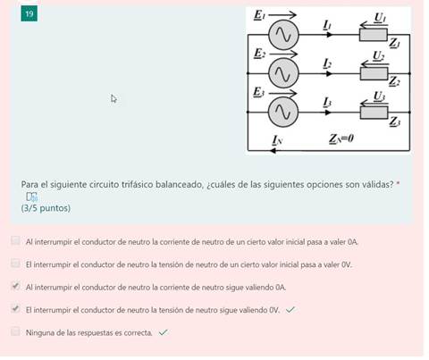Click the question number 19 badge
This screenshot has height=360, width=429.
click(30, 15)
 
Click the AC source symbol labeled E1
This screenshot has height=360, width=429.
click(284, 35)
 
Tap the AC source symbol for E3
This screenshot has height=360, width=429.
click(284, 110)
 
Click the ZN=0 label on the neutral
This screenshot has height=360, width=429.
click(341, 139)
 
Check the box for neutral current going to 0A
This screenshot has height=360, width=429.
click(15, 241)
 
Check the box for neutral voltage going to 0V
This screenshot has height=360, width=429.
click(15, 264)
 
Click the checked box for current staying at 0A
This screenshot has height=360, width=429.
click(15, 287)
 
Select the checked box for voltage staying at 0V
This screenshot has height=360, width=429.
click(15, 309)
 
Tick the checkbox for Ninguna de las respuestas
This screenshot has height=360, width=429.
click(15, 331)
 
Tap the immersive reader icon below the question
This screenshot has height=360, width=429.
click(31, 197)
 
